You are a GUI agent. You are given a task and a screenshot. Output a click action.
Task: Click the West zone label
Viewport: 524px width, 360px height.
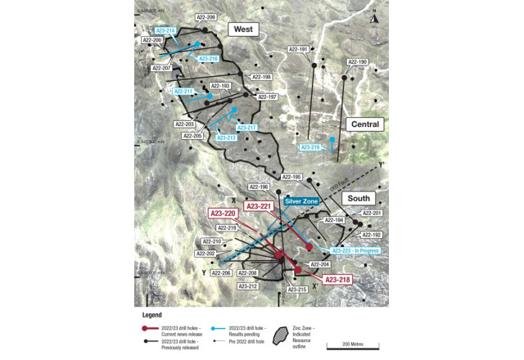tap(242, 29)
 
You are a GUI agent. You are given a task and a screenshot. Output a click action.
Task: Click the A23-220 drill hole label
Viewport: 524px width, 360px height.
tap(223, 214)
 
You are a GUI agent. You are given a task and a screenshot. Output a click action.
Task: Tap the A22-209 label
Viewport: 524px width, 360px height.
tap(206, 17)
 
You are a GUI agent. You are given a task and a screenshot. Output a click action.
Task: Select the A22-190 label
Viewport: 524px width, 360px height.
tap(358, 62)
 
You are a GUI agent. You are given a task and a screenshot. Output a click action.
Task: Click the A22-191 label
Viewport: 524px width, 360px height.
tap(298, 49)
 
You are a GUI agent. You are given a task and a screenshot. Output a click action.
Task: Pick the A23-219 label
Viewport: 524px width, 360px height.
tap(310, 147)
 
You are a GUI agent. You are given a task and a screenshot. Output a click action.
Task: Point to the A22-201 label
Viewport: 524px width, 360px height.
tap(373, 213)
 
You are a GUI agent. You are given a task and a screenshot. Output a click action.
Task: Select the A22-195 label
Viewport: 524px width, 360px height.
tap(291, 177)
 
